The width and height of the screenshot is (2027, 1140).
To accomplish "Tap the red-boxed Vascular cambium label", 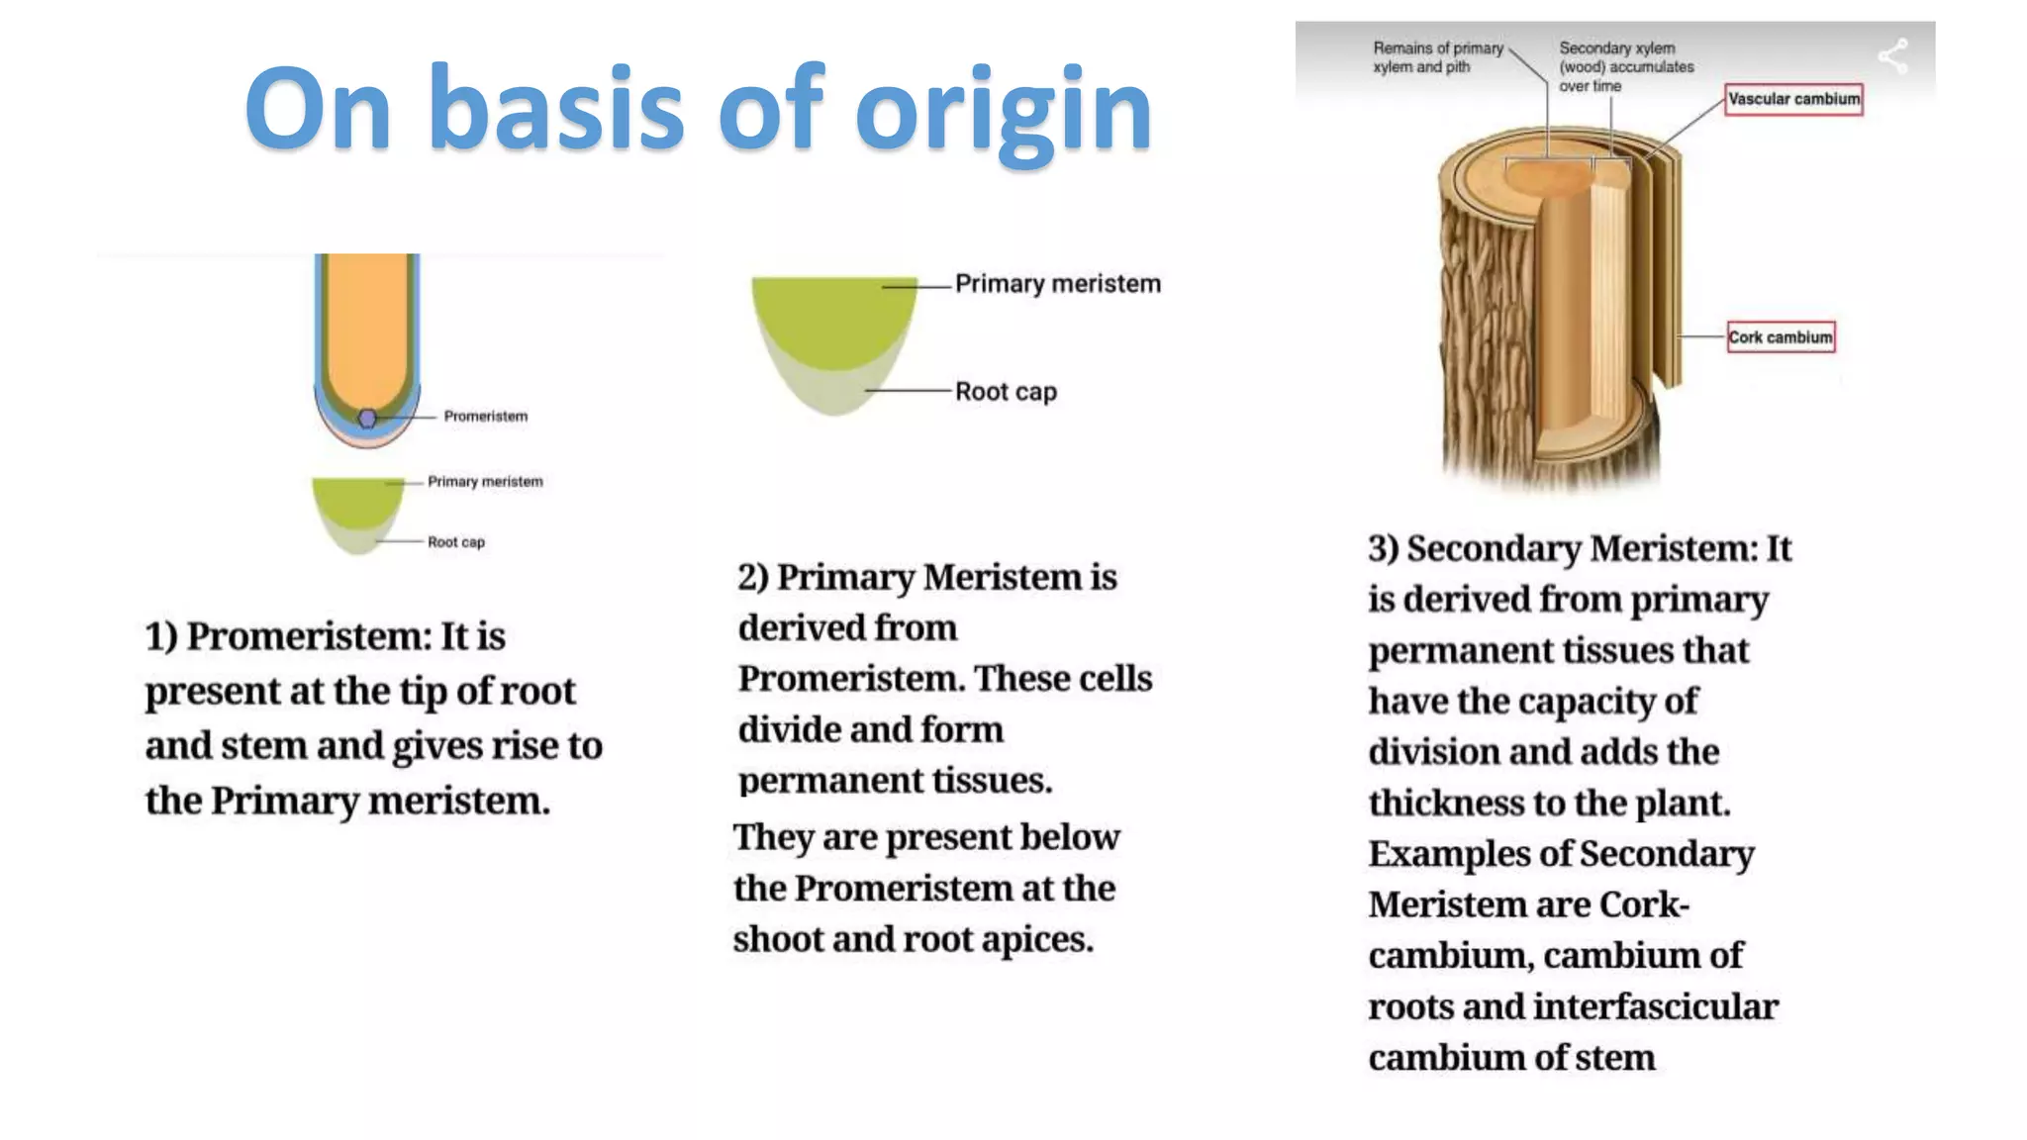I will coord(1793,99).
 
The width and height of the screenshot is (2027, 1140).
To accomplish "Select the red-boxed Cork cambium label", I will coord(1781,337).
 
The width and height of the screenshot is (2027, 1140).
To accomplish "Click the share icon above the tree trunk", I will coord(1893,55).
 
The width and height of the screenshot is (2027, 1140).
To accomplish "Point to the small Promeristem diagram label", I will coord(485,417).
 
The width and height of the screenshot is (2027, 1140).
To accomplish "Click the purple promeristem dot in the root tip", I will coord(367,419).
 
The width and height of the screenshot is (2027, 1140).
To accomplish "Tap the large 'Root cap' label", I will coord(1006,392).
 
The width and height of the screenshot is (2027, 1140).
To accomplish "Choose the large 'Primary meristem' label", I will coord(1057,284).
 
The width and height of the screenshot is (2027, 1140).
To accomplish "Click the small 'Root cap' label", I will coord(456,542).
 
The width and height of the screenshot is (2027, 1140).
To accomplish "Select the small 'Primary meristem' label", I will coord(485,482).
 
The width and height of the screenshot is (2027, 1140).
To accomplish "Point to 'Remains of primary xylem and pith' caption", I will coord(1437,57).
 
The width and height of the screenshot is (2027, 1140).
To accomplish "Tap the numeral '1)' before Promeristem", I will coord(161,636).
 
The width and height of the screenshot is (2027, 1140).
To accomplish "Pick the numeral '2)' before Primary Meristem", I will coord(753,578).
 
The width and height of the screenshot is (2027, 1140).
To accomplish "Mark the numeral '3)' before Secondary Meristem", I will coord(1384,549).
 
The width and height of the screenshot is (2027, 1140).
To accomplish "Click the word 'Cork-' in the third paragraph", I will coord(1644,905).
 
